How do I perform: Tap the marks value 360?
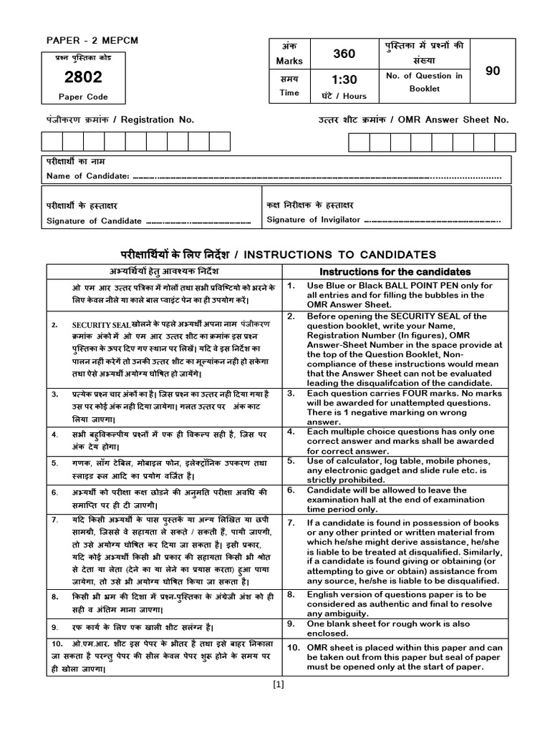click(x=344, y=54)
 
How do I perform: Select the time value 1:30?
click(x=344, y=80)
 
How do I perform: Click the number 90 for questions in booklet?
click(x=492, y=71)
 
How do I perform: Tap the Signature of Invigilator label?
click(x=313, y=220)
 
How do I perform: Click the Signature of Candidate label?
click(x=94, y=221)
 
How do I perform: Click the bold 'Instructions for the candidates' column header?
click(x=395, y=272)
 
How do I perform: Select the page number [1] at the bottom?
click(x=279, y=684)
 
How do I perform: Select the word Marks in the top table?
click(x=290, y=61)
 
